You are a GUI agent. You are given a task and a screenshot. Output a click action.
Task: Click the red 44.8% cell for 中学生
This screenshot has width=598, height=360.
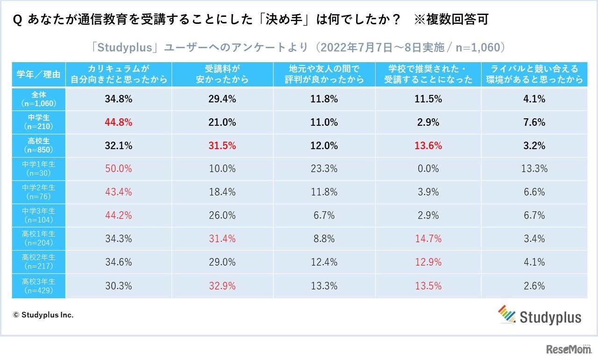[119, 122]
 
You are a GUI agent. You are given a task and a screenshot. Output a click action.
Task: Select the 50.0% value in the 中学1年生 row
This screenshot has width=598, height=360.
[119, 169]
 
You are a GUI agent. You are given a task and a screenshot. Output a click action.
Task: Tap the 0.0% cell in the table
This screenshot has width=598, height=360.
[428, 169]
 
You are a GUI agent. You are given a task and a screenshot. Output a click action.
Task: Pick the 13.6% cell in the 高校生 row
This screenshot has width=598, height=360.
[428, 145]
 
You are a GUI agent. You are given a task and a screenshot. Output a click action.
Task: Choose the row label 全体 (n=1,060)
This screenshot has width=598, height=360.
[38, 99]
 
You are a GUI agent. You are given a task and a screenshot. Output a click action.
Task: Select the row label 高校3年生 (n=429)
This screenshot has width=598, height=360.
[38, 286]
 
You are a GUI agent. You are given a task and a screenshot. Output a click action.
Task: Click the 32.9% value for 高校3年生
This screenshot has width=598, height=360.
[222, 286]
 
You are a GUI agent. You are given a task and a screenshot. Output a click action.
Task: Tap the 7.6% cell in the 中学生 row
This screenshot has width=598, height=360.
[534, 122]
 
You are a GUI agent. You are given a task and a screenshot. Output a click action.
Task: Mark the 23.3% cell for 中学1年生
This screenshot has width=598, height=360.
[324, 169]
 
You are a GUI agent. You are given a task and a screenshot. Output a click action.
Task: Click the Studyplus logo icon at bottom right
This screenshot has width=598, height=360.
[506, 314]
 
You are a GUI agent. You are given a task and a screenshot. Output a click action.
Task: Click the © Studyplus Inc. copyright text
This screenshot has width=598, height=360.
[43, 315]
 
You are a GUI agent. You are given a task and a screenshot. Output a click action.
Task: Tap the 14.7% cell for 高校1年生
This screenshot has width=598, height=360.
[428, 239]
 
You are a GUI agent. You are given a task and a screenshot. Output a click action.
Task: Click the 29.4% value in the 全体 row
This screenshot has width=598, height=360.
[222, 99]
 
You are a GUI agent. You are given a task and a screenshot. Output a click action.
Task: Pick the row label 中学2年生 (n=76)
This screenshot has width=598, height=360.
[38, 192]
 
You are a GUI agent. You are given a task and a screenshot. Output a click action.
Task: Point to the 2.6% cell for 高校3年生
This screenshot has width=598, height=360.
[534, 286]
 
